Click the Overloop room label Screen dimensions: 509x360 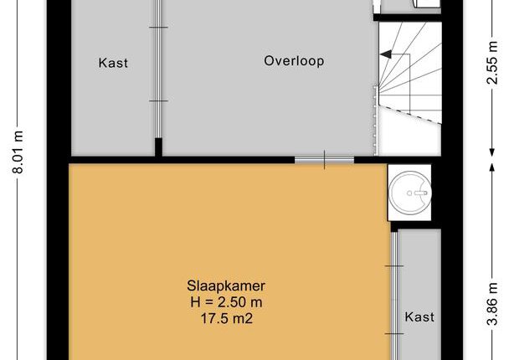[x=294, y=61]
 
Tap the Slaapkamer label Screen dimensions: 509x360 [x=226, y=286]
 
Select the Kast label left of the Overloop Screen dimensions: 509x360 [x=113, y=63]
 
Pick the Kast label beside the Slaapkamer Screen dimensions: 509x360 [x=419, y=316]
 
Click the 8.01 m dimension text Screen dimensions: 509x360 [x=18, y=152]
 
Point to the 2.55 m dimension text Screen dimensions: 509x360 [x=492, y=63]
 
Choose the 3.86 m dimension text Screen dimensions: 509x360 [x=492, y=304]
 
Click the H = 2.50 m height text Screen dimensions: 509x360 [x=226, y=302]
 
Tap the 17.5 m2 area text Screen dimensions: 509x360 [x=226, y=318]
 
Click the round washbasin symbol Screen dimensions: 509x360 [x=409, y=193]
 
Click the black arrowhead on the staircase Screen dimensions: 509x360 [x=386, y=55]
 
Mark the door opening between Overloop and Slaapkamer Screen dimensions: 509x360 [x=324, y=160]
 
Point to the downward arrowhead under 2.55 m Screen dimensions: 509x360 [x=492, y=152]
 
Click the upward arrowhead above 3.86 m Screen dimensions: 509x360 [x=492, y=167]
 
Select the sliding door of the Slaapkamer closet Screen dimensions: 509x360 [x=394, y=296]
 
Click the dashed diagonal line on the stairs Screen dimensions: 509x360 [x=410, y=113]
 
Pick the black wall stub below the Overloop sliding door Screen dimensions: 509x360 [x=158, y=147]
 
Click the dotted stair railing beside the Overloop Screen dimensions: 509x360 [x=376, y=120]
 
